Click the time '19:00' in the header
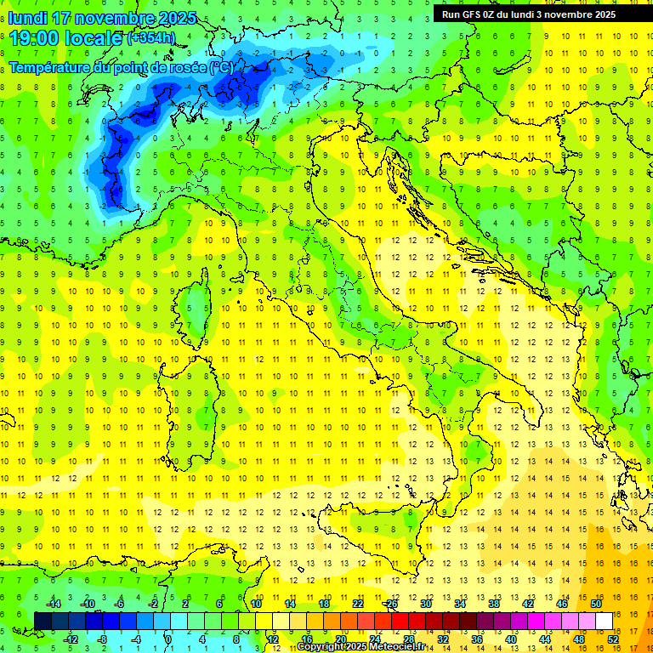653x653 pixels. tap(38, 37)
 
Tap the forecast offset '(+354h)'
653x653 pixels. tap(150, 38)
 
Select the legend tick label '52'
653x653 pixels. tap(612, 639)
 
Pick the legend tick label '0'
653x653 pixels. tap(168, 639)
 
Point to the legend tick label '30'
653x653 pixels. tap(425, 604)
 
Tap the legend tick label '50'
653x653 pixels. tap(595, 604)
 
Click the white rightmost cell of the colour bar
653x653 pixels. tap(604, 621)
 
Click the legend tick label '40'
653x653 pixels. tap(510, 639)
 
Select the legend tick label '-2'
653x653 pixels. tap(153, 604)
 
